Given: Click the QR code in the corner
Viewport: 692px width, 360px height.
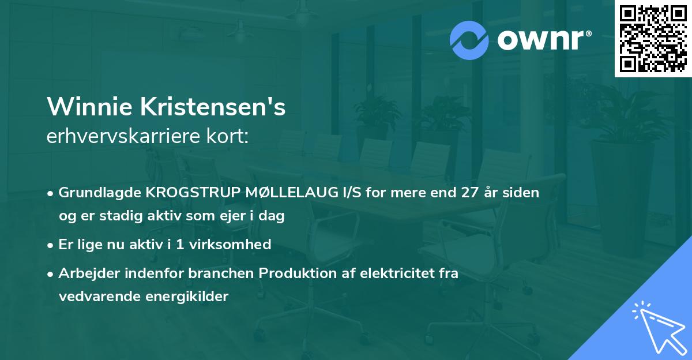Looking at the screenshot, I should [653, 38].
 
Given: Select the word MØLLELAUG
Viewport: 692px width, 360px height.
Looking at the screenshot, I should [287, 193].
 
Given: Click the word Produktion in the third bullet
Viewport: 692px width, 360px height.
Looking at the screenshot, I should [295, 273].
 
